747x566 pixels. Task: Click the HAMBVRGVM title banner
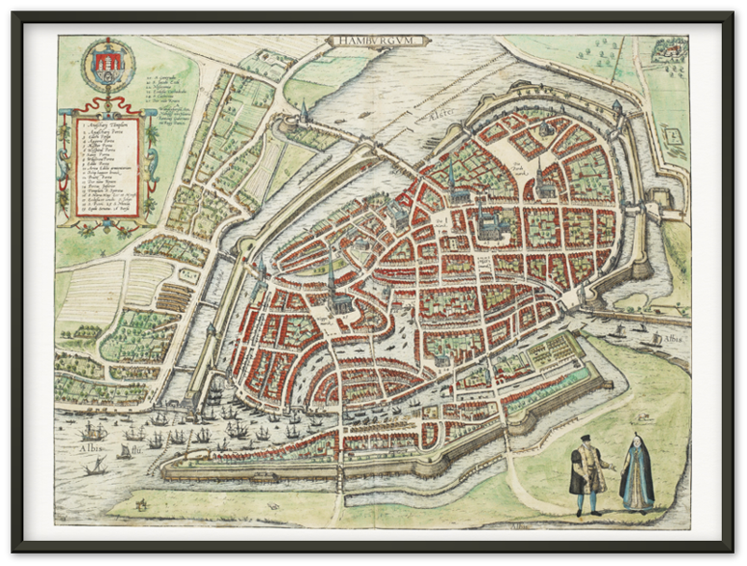point(376,41)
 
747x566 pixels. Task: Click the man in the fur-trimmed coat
point(585,474)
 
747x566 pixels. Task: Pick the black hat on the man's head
point(584,438)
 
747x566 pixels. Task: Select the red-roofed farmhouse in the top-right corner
point(669,48)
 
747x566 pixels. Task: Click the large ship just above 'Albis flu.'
point(92,431)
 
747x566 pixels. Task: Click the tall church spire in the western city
point(331,271)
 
